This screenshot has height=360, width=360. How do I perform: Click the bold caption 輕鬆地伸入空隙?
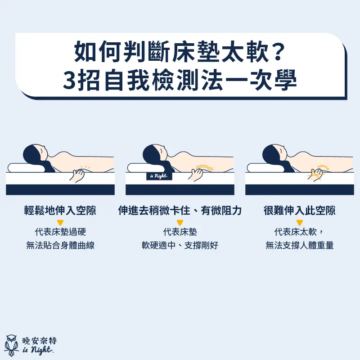click(60, 211)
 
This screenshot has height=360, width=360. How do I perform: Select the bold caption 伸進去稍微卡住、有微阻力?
click(180, 211)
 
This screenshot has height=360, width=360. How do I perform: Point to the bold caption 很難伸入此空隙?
click(299, 211)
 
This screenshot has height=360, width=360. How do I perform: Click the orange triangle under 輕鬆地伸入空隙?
click(60, 222)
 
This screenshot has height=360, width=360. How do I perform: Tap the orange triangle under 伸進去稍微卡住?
click(180, 222)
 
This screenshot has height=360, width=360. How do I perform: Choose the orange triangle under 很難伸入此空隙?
click(299, 222)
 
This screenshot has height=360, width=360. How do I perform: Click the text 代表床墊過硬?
click(60, 233)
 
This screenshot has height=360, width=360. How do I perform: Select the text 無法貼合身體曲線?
click(60, 246)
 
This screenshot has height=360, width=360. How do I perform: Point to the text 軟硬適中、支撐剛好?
click(180, 246)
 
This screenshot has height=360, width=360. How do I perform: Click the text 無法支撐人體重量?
click(299, 246)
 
